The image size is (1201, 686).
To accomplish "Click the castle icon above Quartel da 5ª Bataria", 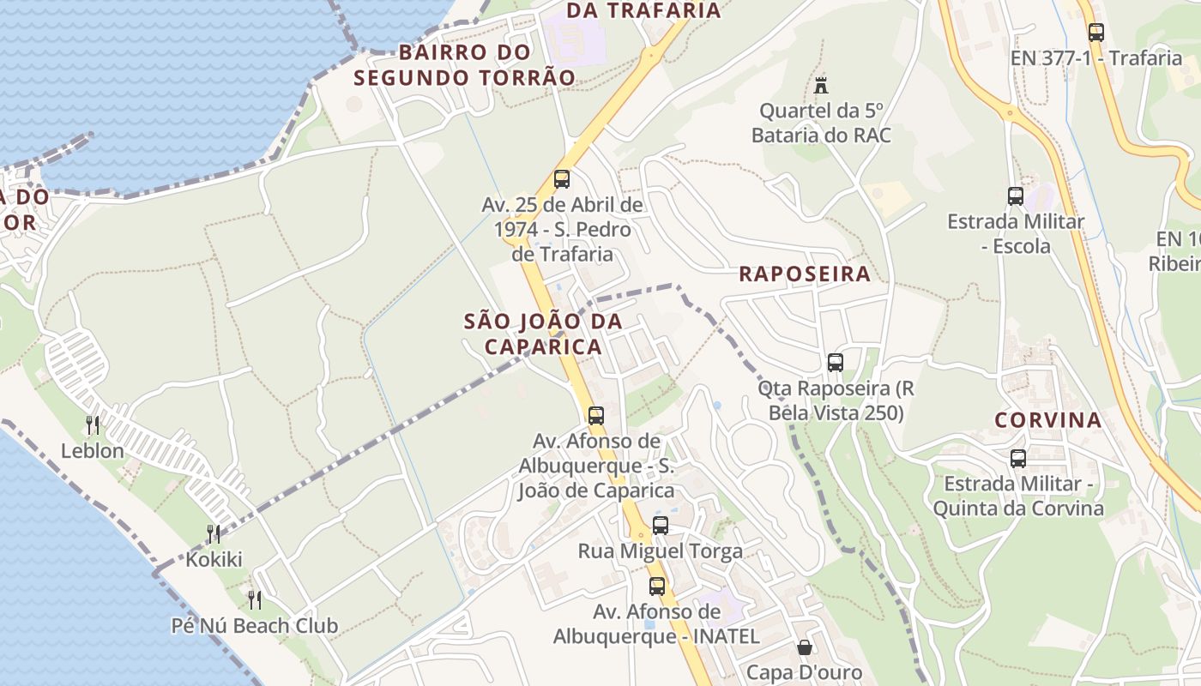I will click(x=821, y=85).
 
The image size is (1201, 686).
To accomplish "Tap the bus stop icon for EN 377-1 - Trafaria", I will click(x=1095, y=33).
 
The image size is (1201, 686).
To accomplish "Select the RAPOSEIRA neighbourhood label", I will click(x=804, y=274).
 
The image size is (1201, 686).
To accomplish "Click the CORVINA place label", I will click(x=1047, y=420).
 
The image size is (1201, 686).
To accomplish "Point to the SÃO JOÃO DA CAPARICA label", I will click(x=543, y=334).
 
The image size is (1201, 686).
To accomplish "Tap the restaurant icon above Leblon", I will click(x=93, y=424).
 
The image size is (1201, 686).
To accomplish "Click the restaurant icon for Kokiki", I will click(x=214, y=534).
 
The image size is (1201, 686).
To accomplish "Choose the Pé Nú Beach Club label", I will click(x=255, y=625).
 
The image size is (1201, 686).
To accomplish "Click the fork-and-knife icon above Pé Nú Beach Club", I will click(x=254, y=599).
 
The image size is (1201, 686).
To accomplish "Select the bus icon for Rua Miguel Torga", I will click(x=660, y=525).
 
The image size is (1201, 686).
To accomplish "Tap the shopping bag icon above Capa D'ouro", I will click(x=805, y=647).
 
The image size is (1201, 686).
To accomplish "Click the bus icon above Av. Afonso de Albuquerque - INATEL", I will click(x=657, y=587).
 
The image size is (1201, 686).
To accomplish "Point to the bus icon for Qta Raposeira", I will click(x=835, y=362).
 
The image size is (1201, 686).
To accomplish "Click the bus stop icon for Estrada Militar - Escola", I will click(x=1015, y=196).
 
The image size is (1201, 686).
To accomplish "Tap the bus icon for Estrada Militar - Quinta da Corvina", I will click(x=1017, y=458).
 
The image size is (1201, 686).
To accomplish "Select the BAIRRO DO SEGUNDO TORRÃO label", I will click(x=464, y=64).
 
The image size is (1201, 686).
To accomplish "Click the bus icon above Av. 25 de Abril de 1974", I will click(x=562, y=178).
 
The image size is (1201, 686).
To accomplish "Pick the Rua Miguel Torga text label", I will click(x=660, y=551).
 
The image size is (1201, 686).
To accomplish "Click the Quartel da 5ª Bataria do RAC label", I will click(x=821, y=123).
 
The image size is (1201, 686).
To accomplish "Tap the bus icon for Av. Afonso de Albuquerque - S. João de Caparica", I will click(x=595, y=415).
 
